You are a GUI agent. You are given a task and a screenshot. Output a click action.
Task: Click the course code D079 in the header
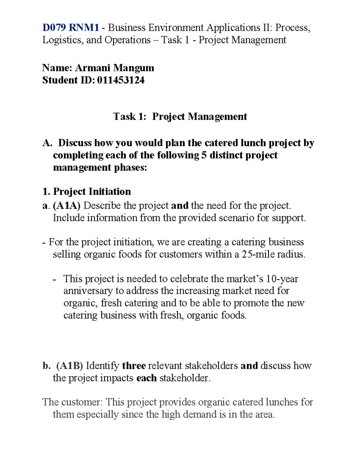click(54, 28)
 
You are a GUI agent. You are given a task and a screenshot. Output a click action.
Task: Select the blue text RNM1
click(84, 28)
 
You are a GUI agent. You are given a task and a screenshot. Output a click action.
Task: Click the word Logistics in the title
click(62, 40)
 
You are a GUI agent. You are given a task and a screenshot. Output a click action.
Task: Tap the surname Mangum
click(133, 68)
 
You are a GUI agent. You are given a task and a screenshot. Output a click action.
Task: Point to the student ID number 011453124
click(121, 80)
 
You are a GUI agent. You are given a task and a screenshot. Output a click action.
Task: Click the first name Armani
click(92, 68)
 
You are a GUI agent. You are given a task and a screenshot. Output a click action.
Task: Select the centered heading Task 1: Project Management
click(180, 116)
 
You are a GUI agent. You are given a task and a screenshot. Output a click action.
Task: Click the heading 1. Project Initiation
click(87, 191)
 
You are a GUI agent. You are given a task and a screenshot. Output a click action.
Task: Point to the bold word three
click(134, 365)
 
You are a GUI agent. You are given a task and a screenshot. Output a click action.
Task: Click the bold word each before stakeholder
click(146, 378)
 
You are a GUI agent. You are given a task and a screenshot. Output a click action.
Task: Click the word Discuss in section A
click(75, 143)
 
